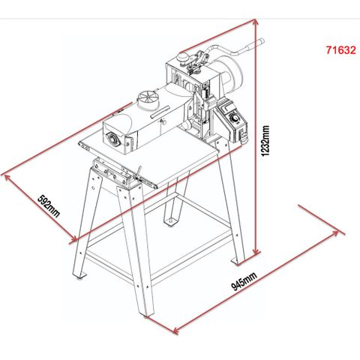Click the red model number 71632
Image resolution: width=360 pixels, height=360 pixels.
click(340, 50)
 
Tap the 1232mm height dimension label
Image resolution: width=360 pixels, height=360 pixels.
click(265, 141)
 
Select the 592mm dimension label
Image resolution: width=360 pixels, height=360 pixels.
click(49, 205)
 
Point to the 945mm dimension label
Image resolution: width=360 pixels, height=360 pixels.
click(244, 281)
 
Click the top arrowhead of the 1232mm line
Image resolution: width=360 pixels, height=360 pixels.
click(256, 22)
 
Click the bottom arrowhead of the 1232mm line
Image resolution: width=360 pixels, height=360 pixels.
click(256, 250)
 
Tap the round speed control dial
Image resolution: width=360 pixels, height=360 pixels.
click(234, 118)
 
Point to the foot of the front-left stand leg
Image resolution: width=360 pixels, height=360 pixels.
click(79, 275)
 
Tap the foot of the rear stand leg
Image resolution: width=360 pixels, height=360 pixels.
click(170, 222)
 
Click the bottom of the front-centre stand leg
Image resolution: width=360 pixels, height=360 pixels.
click(145, 315)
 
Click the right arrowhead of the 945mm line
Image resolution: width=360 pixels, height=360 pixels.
click(335, 233)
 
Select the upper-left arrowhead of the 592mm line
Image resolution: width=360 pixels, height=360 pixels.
click(6, 177)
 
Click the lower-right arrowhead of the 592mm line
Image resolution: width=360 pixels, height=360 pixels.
click(74, 239)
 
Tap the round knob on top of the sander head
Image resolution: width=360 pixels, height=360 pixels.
click(183, 57)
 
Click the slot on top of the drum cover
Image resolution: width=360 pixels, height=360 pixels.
click(160, 112)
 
